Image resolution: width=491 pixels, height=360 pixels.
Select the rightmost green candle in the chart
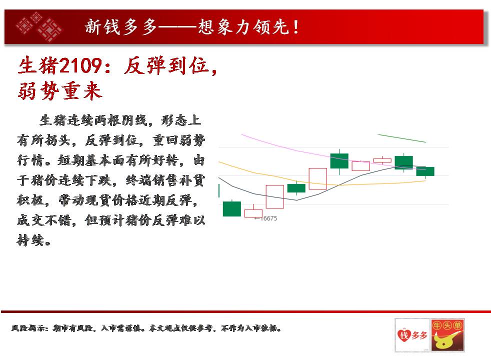pyautogui.click(x=425, y=171)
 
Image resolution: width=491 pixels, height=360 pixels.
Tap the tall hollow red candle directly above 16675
pyautogui.click(x=275, y=196)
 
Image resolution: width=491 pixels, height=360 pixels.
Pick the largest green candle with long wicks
pyautogui.click(x=339, y=161)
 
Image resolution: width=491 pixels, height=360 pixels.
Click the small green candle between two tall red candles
pyautogui.click(x=296, y=188)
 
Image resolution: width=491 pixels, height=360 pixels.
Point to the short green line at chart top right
pyautogui.click(x=402, y=138)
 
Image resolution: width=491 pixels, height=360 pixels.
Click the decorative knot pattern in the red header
pyautogui.click(x=39, y=26)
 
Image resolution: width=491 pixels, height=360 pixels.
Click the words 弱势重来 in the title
pyautogui.click(x=60, y=91)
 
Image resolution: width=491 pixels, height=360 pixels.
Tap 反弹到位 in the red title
pyautogui.click(x=166, y=66)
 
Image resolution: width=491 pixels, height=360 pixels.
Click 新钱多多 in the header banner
pyautogui.click(x=121, y=26)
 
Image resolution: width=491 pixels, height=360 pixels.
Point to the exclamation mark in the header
pyautogui.click(x=295, y=27)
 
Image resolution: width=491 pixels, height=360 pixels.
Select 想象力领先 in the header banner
pyautogui.click(x=243, y=26)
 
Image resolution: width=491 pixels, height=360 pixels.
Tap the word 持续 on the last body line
pyautogui.click(x=30, y=240)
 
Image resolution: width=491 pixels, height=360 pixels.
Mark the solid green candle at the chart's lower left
pyautogui.click(x=231, y=209)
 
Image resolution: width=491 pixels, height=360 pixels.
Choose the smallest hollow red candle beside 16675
pyautogui.click(x=253, y=213)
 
